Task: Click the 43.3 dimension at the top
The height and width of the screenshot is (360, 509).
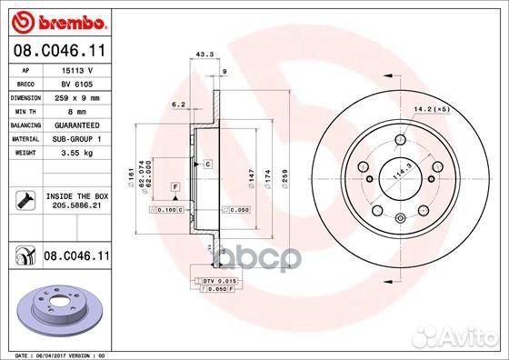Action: point(205,55)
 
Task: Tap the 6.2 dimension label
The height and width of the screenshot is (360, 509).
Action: point(179,105)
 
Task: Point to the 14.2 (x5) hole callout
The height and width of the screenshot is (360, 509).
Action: point(431,110)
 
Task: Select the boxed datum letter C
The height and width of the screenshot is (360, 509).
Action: point(207,164)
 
